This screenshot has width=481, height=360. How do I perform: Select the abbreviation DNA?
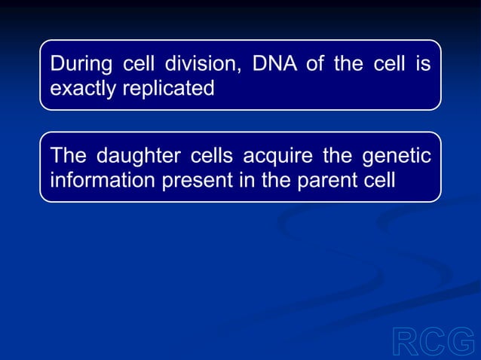tap(275, 64)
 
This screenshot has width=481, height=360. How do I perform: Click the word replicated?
tap(170, 89)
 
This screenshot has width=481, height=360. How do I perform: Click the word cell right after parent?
tap(379, 181)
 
